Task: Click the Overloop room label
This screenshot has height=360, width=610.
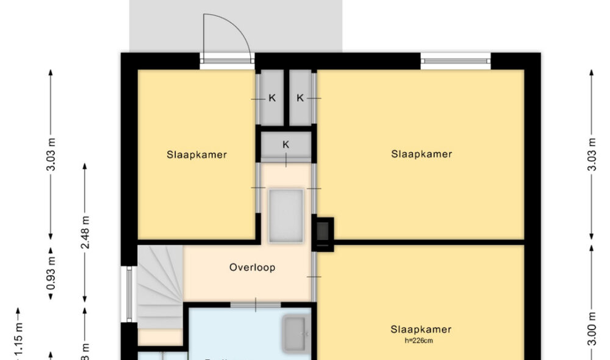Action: click(253, 267)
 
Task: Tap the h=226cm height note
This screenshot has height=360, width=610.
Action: click(421, 340)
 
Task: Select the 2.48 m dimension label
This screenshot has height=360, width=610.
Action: click(85, 232)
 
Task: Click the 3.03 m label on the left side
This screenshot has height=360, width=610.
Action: click(51, 154)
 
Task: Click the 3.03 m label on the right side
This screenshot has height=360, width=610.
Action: click(591, 154)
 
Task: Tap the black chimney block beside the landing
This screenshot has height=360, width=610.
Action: click(323, 234)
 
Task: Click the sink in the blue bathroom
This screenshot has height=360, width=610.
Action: click(296, 334)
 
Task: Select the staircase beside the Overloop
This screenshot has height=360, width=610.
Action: click(160, 284)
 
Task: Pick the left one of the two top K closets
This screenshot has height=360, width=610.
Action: click(272, 98)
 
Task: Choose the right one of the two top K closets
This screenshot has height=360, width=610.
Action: click(301, 98)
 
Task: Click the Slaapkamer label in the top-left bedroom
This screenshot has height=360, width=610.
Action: click(197, 154)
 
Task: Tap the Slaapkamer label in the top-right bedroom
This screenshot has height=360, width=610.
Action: click(422, 154)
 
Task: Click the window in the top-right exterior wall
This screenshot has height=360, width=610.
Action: click(455, 61)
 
